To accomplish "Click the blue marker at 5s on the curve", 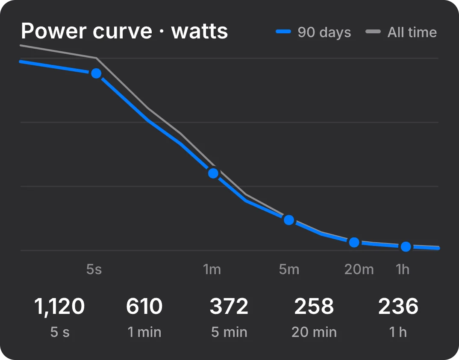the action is click(x=96, y=73).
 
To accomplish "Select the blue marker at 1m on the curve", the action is click(x=213, y=173).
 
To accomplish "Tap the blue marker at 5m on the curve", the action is click(x=289, y=220).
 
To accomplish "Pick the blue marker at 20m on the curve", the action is click(x=354, y=242).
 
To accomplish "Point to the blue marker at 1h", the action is click(x=406, y=246).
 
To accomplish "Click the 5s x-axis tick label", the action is click(x=94, y=269).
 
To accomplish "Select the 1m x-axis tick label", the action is click(x=212, y=269).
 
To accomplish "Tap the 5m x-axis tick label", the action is click(x=289, y=269).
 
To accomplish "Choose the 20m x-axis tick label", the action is click(x=359, y=269).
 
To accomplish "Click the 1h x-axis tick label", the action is click(x=403, y=269).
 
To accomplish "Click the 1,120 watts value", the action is click(x=59, y=307).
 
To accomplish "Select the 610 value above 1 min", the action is click(x=144, y=306).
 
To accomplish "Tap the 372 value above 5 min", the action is click(x=229, y=306).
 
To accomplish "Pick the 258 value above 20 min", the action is click(x=314, y=306).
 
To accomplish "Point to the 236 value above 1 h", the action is click(x=398, y=306).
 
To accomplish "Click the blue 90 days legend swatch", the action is click(x=283, y=32).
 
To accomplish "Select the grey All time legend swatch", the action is click(x=373, y=32).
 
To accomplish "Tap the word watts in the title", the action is click(x=200, y=32).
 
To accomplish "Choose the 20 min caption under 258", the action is click(x=314, y=332).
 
